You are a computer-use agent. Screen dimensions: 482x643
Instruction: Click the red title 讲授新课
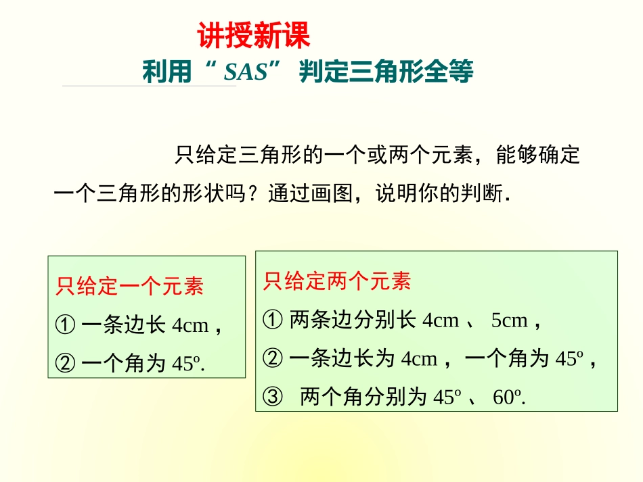[x=254, y=36]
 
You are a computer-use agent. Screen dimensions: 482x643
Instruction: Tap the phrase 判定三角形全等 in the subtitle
[x=386, y=72]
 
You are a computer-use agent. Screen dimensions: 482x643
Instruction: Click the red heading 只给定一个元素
[x=130, y=287]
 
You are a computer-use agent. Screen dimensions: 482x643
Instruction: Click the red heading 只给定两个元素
[x=337, y=281]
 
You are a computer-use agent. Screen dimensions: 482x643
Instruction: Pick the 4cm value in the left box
[x=190, y=326]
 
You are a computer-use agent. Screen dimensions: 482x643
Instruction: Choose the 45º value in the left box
[x=186, y=364]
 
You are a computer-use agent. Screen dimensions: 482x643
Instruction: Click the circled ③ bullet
[x=272, y=397]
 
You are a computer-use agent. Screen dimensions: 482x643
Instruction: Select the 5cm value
[x=509, y=320]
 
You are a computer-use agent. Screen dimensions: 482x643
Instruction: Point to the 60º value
[x=508, y=397]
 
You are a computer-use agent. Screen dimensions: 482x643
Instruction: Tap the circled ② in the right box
[x=272, y=359]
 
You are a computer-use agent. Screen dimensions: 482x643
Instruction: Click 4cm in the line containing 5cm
[x=440, y=320]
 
